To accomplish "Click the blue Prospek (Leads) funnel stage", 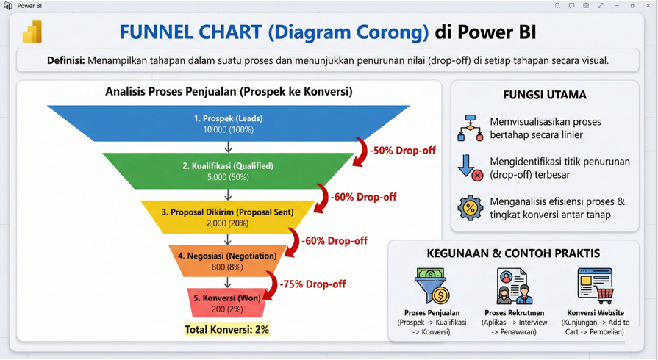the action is (229, 123).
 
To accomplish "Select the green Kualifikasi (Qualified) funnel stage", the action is (228, 170).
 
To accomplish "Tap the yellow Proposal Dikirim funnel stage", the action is (227, 217).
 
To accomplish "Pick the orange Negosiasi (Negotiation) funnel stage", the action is (227, 261).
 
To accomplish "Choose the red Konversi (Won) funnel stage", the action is (227, 303).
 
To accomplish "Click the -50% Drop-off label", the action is (402, 151).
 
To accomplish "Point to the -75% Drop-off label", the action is (312, 284).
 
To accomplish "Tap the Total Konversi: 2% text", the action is (226, 329).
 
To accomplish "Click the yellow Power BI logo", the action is (32, 32).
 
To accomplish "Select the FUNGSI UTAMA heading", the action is (545, 95).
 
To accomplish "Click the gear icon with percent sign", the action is (471, 208).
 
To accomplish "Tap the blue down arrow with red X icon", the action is (471, 168).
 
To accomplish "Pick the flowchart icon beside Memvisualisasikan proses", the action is (471, 128).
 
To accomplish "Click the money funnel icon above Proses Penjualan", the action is (432, 286).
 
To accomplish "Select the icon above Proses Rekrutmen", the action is (515, 286).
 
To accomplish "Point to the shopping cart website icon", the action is (596, 286).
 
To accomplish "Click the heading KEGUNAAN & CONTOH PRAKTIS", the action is (513, 253).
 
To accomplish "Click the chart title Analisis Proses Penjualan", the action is (229, 91).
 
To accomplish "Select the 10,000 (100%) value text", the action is (229, 129).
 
